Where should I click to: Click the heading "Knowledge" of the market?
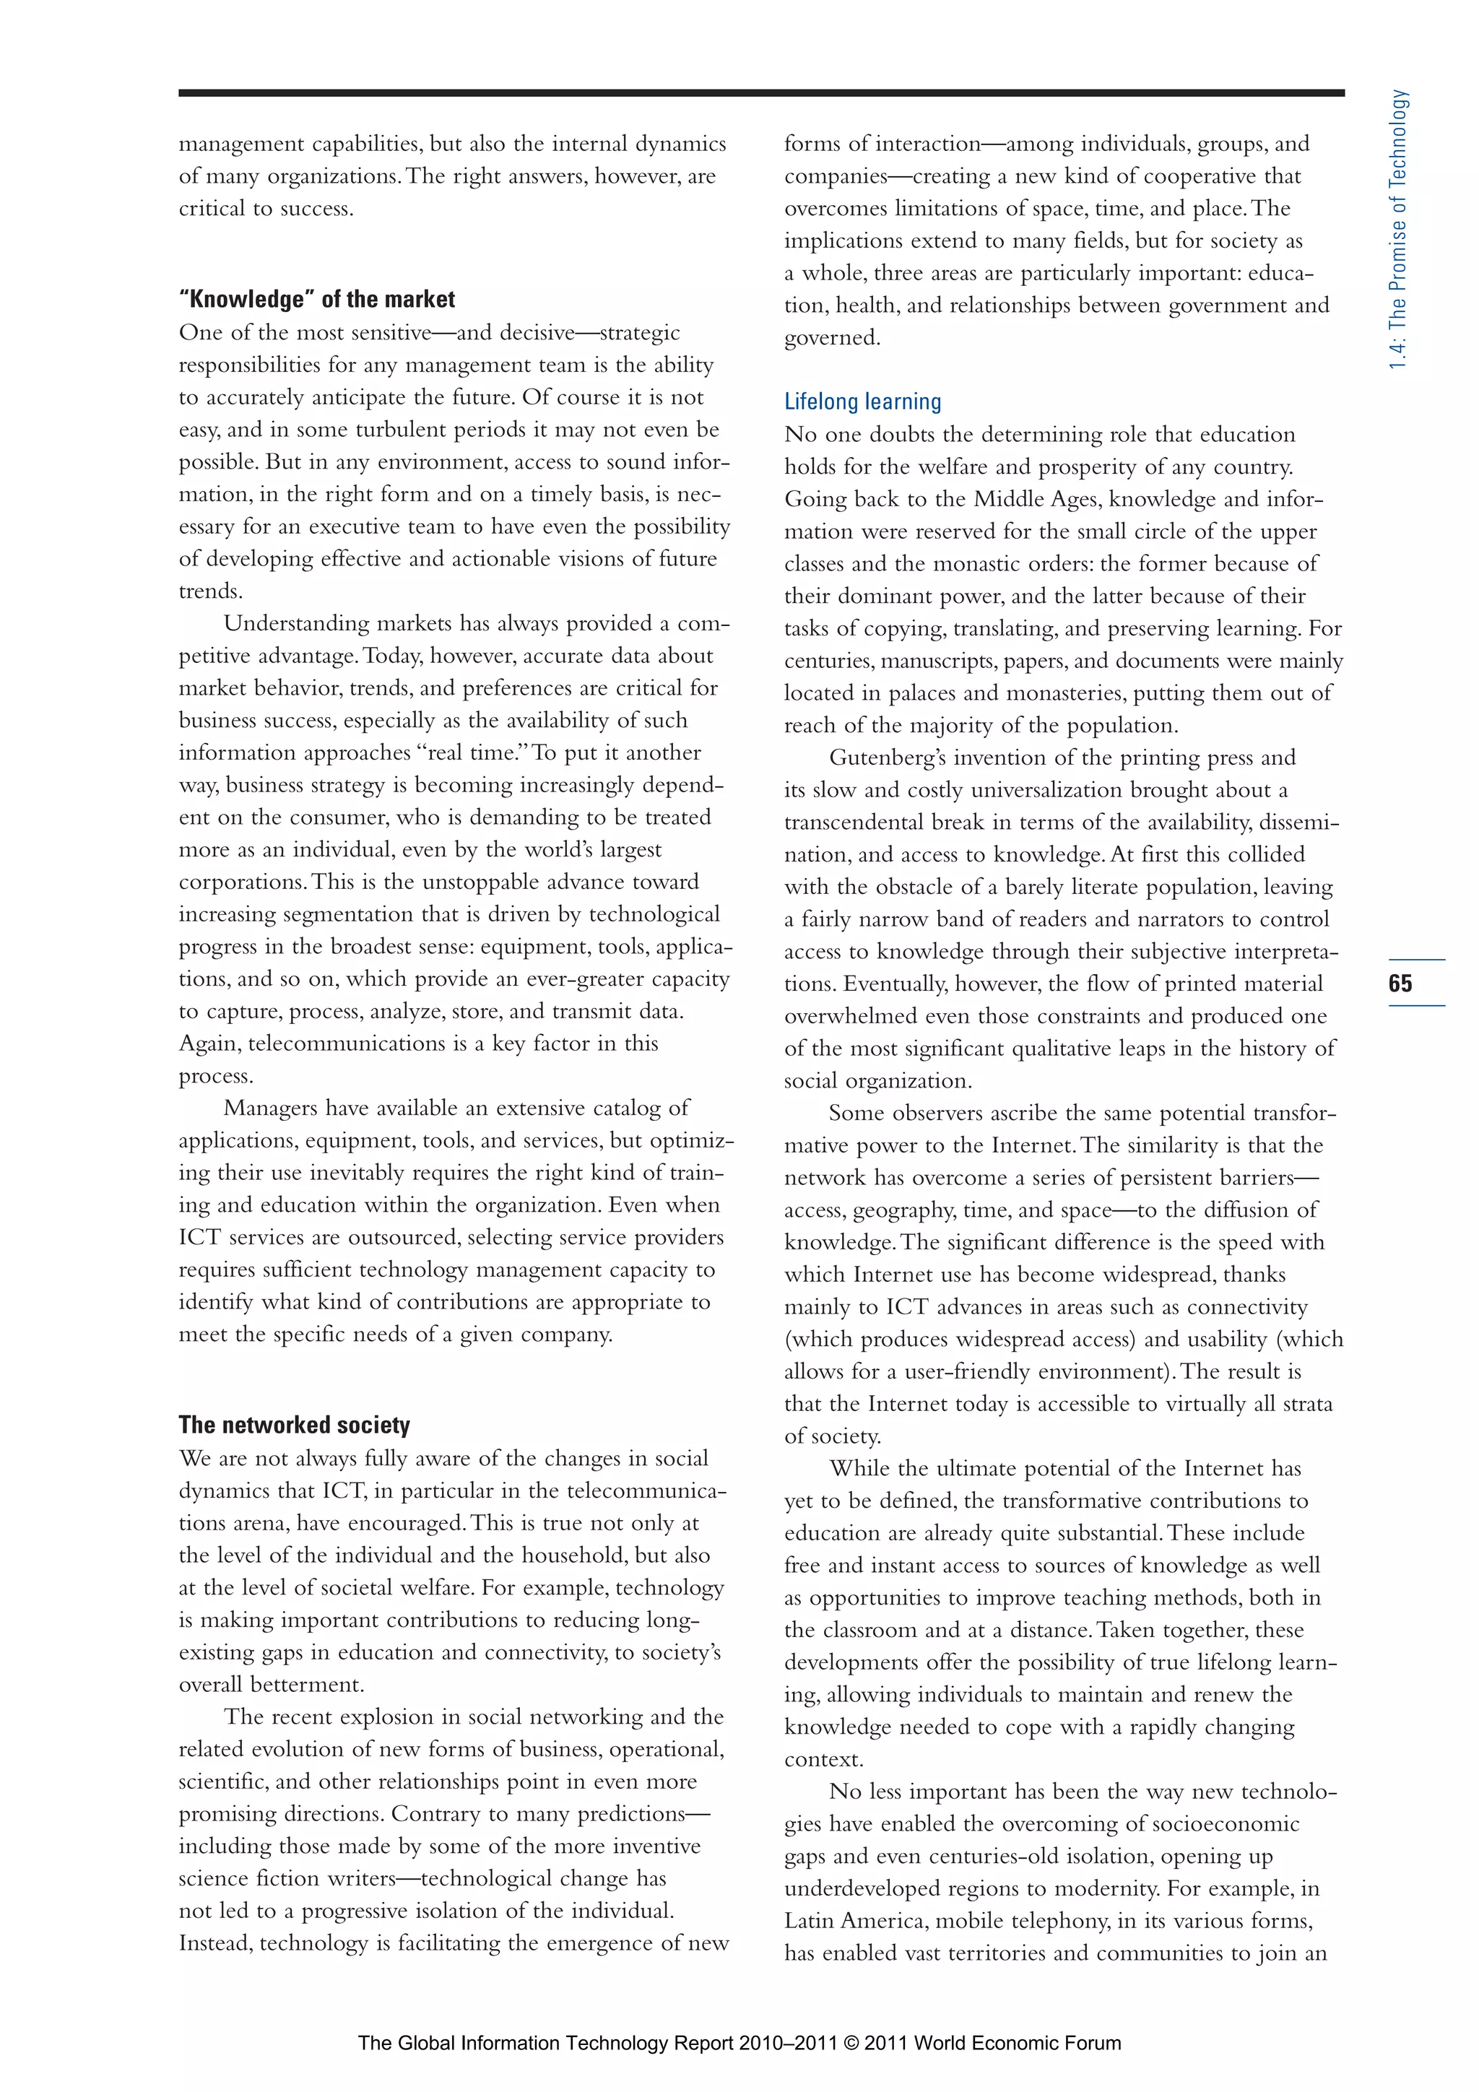[317, 300]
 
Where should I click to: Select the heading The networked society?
[295, 1425]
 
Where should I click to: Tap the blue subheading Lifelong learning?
[862, 402]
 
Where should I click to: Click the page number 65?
[1400, 983]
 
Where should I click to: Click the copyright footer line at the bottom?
[739, 2043]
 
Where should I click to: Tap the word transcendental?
[854, 823]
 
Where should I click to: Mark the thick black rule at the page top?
[761, 93]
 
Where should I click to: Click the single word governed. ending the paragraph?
[832, 339]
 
